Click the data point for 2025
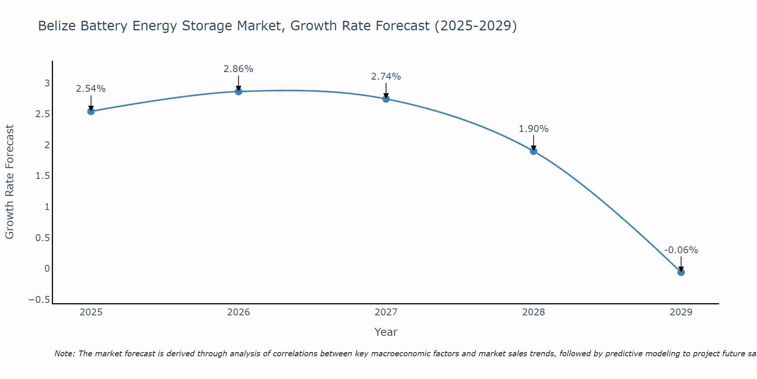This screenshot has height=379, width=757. click(x=91, y=111)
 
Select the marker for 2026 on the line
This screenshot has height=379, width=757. click(x=238, y=91)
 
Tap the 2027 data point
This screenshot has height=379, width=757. click(x=386, y=99)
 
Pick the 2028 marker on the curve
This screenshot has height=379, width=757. click(x=533, y=151)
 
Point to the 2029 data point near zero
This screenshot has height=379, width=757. click(x=681, y=272)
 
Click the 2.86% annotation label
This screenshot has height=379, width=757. click(x=238, y=69)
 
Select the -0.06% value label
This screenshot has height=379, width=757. click(x=681, y=250)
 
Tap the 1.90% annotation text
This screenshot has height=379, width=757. click(x=533, y=129)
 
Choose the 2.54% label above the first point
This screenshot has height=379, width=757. click(x=91, y=89)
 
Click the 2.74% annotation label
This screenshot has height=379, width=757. click(x=386, y=77)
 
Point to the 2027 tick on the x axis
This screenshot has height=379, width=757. click(x=386, y=312)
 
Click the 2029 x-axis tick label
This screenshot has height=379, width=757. click(x=681, y=312)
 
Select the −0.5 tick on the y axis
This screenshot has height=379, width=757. click(x=39, y=300)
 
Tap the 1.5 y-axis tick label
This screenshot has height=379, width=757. click(x=42, y=176)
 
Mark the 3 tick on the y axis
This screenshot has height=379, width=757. click(x=47, y=83)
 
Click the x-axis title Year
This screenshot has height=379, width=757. click(x=386, y=332)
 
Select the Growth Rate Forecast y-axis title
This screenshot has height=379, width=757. click(x=9, y=182)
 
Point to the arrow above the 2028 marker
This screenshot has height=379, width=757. click(x=533, y=142)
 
